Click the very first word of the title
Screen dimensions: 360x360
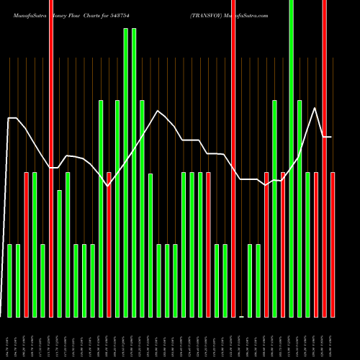tap(24, 14)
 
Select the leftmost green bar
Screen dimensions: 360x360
tap(10, 281)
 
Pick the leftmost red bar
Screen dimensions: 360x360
tap(27, 245)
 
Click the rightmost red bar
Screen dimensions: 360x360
tap(333, 245)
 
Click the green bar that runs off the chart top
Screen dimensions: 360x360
tap(291, 158)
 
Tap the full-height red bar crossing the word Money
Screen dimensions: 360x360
tap(51, 158)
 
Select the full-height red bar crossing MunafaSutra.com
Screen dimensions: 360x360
tap(233, 158)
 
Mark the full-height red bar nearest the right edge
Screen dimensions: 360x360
tap(325, 158)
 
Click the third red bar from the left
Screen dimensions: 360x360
tap(109, 245)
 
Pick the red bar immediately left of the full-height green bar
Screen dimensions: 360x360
tap(283, 245)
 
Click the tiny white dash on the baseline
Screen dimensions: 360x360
tap(242, 317)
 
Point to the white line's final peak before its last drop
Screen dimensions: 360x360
tap(315, 108)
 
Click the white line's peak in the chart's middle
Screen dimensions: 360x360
tap(156, 110)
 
